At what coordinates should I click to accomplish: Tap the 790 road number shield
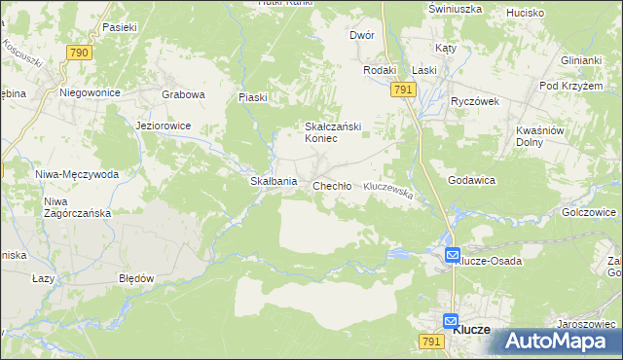[80, 52]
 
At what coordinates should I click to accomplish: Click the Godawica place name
[472, 181]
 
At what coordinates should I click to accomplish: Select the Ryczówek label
[474, 101]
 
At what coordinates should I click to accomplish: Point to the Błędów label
[136, 277]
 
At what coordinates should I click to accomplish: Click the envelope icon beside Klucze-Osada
[454, 255]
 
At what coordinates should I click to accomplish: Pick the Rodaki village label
[380, 70]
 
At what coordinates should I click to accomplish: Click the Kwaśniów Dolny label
[540, 135]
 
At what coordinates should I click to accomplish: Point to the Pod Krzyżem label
[566, 86]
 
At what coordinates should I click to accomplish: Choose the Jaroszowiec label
[585, 324]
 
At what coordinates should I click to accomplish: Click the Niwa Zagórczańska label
[77, 207]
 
